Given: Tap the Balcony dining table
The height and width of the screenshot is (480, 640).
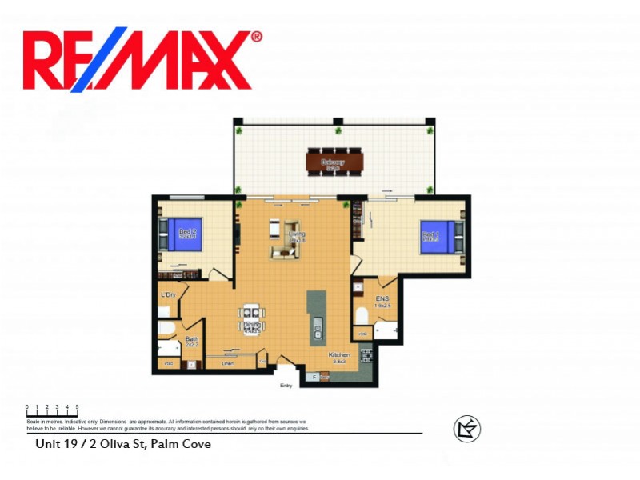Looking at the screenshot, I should [334, 163].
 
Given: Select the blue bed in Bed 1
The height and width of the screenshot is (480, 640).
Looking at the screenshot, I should [437, 237].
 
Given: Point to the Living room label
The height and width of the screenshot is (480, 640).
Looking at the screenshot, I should [298, 235].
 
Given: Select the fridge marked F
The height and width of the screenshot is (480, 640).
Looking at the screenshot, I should [314, 375].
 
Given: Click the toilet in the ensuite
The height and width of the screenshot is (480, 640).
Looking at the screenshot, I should [362, 314].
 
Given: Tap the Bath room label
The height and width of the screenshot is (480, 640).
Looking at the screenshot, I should [192, 339].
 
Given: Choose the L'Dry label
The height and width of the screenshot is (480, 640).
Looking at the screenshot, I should [168, 295].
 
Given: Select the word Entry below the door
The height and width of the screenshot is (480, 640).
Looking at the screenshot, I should [286, 386].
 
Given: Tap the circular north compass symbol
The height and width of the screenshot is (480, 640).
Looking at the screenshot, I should [466, 429].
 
